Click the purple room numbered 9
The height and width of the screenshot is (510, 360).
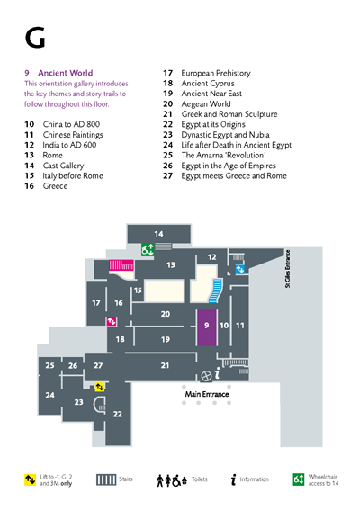coord(206,327)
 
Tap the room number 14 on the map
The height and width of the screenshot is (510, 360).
coord(158,234)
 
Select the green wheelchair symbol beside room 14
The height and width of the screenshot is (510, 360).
coord(148,250)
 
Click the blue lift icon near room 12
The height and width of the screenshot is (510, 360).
coord(240,269)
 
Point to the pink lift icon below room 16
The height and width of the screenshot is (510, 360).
coord(112,321)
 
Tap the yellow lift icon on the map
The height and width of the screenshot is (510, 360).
coord(100,387)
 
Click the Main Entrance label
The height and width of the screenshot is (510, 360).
coord(207,394)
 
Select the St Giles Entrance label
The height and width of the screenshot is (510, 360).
coord(287,269)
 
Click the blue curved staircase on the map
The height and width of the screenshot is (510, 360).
coord(216,291)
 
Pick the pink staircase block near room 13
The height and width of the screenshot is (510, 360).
coord(121,265)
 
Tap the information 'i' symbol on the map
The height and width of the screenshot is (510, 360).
coord(218,373)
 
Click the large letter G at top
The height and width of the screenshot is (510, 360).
coord(35,38)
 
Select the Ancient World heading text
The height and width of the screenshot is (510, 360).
coord(66,73)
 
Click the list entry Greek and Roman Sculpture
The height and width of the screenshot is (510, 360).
coord(229,114)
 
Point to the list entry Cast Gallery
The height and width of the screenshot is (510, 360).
coord(64,166)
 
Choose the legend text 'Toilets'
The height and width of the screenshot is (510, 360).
coord(200,479)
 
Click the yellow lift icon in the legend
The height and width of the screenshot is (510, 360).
coord(31,479)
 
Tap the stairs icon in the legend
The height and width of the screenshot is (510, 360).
coord(106,479)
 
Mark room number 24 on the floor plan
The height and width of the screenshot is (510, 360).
coord(49,395)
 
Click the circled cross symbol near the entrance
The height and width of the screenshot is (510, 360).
coord(206,376)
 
